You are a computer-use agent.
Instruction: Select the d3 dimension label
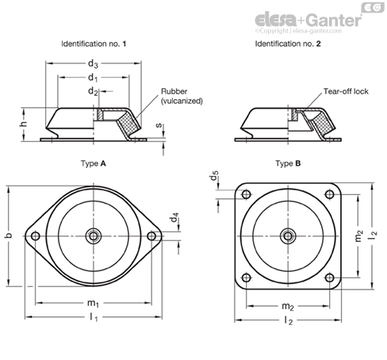point(94,63)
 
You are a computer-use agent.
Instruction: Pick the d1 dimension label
point(94,78)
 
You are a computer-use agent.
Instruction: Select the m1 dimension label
point(93,304)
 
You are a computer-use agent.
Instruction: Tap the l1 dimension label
point(93,319)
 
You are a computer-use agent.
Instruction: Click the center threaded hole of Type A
point(94,236)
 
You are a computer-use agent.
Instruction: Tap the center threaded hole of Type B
point(287,236)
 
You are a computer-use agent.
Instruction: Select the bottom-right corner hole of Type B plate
point(328,277)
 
